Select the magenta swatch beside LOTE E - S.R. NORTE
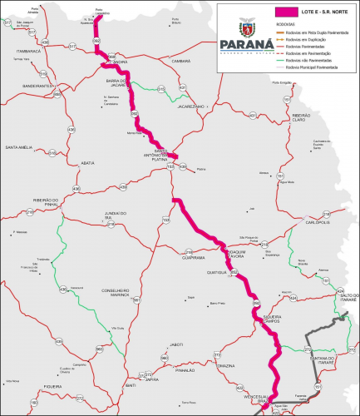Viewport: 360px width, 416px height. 285,12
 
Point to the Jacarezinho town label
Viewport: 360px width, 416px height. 190,107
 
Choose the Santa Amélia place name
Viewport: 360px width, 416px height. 19,147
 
